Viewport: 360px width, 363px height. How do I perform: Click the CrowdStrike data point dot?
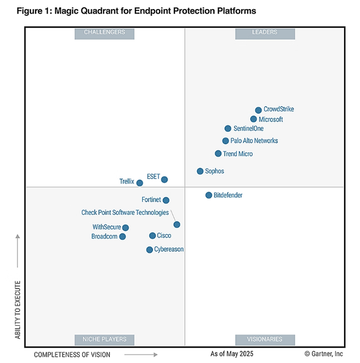[x=258, y=110]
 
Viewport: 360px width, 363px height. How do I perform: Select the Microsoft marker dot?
[x=254, y=119]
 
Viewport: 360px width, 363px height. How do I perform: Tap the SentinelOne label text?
[x=248, y=129]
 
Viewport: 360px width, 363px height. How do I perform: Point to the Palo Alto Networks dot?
[x=225, y=141]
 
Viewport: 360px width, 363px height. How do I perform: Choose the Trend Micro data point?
[x=218, y=154]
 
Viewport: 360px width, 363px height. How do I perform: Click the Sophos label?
[x=215, y=171]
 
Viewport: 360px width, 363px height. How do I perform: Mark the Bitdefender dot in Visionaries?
[x=208, y=195]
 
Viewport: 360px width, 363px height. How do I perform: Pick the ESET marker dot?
[x=164, y=180]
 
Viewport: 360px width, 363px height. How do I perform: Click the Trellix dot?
[x=140, y=183]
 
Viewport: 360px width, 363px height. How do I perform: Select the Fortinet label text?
[x=152, y=200]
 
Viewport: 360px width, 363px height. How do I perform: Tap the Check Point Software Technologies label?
[x=125, y=213]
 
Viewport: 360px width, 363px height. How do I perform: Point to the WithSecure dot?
[x=126, y=228]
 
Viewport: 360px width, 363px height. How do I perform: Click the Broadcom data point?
[x=122, y=236]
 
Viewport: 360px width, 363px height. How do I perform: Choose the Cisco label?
[x=164, y=236]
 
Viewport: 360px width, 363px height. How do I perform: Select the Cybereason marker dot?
[x=149, y=249]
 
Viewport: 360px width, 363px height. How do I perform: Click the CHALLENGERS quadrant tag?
[x=105, y=33]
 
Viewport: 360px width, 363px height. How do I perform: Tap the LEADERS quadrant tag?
[x=264, y=33]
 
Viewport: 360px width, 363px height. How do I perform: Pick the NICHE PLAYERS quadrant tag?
[x=105, y=339]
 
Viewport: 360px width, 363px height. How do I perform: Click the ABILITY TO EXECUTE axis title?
[x=18, y=310]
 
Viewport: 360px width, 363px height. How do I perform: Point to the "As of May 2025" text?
[x=232, y=354]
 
